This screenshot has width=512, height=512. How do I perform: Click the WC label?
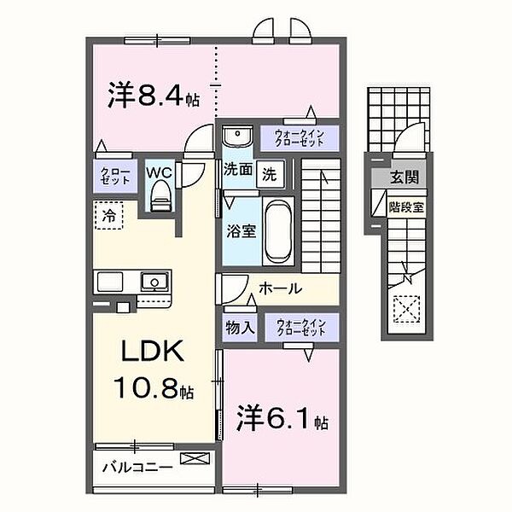click(159, 172)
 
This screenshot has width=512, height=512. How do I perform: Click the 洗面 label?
click(238, 171)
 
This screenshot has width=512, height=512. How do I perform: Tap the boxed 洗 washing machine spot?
click(270, 172)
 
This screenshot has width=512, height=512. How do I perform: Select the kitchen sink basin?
click(154, 280)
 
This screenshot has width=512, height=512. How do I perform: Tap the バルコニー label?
click(137, 468)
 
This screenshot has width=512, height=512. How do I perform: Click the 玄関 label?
click(404, 177)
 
